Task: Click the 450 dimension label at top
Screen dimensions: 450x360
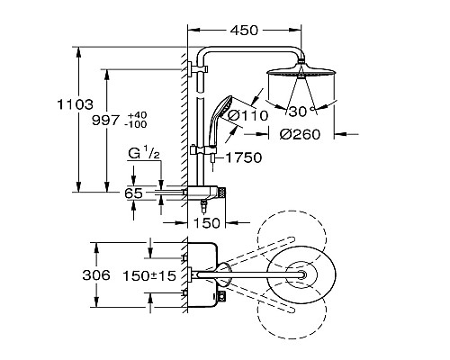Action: point(244,31)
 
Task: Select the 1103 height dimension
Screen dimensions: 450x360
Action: point(76,104)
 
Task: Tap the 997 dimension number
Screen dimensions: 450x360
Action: point(105,121)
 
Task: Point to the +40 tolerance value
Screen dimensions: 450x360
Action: point(137,115)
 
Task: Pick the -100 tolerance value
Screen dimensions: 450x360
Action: point(136,124)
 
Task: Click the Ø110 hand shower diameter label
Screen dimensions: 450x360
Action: point(247,115)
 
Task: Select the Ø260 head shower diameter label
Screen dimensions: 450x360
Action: point(300,134)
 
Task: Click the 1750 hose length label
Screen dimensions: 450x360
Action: point(243,157)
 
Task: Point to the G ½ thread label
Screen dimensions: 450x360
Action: point(144,153)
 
